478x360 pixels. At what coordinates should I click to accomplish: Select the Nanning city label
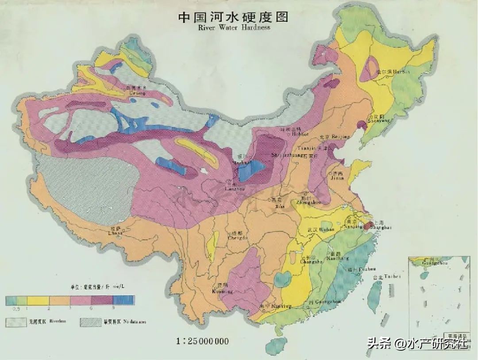pyautogui.click(x=270, y=306)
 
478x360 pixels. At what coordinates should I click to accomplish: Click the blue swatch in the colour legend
pyautogui.click(x=127, y=301)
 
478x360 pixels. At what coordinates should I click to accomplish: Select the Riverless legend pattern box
pyautogui.click(x=16, y=322)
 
